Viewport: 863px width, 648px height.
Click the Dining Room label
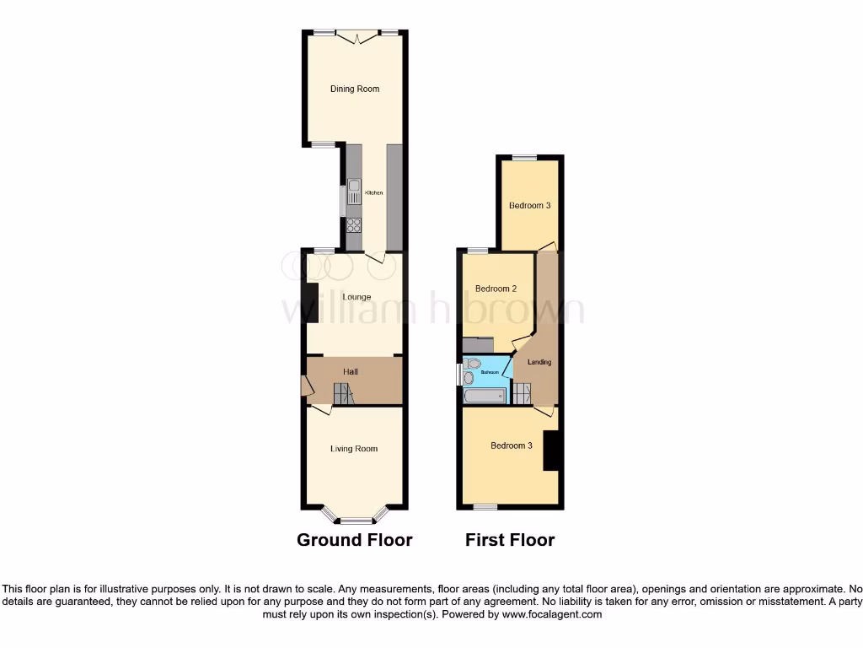pos(354,89)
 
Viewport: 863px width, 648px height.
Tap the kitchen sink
pos(354,192)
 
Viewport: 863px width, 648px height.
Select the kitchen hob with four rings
pos(354,225)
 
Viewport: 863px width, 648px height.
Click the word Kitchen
pos(373,193)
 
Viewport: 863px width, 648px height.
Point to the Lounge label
pos(356,297)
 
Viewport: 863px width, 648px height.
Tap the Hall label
pos(351,371)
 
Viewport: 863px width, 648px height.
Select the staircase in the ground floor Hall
pos(345,393)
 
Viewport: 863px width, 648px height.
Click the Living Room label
pos(354,449)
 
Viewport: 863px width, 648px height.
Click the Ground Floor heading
pos(354,540)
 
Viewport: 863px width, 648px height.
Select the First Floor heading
pos(510,540)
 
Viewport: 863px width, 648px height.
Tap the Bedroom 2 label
pos(496,289)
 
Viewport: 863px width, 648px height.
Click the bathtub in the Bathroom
pos(485,395)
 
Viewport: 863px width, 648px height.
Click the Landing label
pos(539,362)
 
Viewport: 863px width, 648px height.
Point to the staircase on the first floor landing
pos(522,393)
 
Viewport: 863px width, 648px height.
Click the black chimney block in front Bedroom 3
pos(552,450)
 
